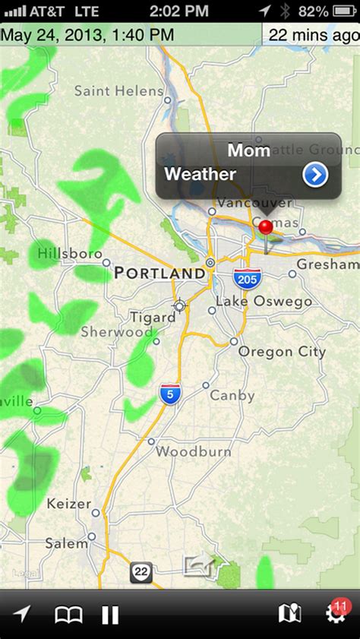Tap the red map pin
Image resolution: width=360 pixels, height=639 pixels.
tap(265, 227)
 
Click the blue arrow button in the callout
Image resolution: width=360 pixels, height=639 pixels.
tap(314, 176)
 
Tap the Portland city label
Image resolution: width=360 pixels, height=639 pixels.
tap(159, 273)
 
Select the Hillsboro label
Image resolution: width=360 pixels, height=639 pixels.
tap(70, 253)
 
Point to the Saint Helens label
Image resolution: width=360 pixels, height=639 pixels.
tap(118, 91)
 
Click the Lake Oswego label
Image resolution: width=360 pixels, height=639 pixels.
tap(264, 302)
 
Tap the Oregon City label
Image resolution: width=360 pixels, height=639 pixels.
tap(282, 352)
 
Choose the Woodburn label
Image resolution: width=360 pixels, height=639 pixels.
tap(193, 451)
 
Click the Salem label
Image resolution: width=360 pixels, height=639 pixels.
tap(66, 543)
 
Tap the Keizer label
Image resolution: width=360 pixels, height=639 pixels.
tap(68, 504)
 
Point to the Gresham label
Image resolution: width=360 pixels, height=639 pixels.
tap(327, 264)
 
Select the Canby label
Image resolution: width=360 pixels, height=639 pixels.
tap(232, 396)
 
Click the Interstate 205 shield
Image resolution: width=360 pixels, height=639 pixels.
tap(246, 277)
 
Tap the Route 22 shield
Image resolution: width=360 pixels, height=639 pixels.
tap(141, 573)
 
